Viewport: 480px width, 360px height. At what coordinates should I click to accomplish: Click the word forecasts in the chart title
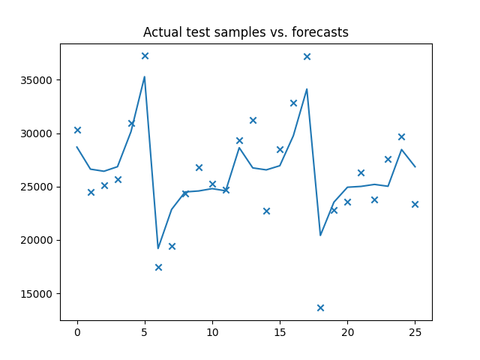point(320,32)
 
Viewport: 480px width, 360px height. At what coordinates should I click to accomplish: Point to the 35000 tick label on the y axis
point(38,80)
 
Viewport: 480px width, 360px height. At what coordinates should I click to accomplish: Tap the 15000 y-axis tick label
point(38,293)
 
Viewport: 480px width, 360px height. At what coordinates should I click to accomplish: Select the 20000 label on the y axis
point(38,240)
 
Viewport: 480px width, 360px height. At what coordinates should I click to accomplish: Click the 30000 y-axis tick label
point(38,133)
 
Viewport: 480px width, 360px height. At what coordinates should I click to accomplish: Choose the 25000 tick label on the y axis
point(38,187)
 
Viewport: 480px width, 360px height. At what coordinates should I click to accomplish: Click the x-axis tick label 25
point(415,331)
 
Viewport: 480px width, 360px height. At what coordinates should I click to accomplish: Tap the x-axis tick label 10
point(212,331)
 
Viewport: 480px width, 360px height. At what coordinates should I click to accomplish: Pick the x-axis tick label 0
point(77,331)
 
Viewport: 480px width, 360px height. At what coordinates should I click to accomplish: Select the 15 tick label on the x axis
point(280,331)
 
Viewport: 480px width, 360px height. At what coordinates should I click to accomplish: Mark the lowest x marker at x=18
point(320,307)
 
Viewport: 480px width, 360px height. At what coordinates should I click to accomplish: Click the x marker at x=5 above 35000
point(145,55)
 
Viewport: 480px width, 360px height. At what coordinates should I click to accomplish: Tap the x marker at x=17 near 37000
point(307,56)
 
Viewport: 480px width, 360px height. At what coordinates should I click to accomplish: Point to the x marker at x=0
point(77,130)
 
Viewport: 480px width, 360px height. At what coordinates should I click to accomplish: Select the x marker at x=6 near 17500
point(158,267)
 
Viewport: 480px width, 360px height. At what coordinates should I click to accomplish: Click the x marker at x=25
point(415,204)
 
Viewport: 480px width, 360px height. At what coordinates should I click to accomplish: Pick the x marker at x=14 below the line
point(266,211)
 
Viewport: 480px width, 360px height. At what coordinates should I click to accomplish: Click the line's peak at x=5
point(145,76)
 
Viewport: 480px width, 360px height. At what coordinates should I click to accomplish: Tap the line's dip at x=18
point(320,235)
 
